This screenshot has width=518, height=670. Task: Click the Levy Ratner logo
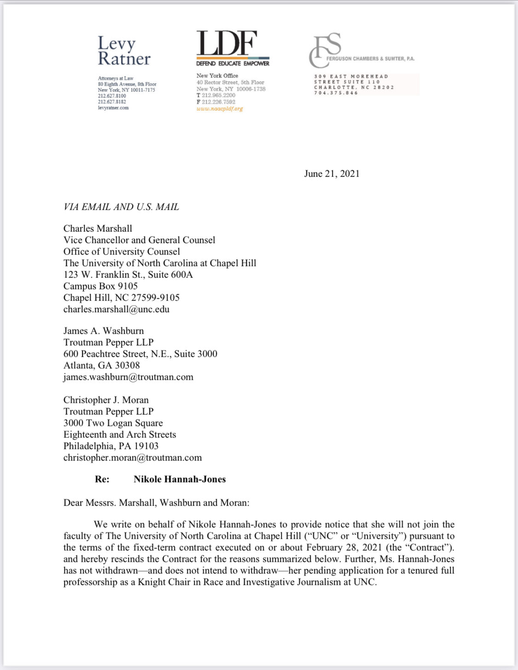[124, 51]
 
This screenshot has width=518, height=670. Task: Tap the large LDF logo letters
[227, 44]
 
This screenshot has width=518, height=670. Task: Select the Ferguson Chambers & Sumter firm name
[370, 59]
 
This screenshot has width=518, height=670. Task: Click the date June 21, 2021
[332, 174]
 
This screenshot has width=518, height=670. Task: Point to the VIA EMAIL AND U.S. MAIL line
[121, 207]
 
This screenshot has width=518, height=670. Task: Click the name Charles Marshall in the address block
[98, 229]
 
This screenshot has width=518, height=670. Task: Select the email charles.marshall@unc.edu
[116, 309]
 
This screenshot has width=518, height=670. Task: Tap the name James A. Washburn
[104, 331]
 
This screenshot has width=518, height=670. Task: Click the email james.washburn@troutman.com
[128, 377]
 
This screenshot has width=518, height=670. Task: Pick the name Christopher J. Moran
[106, 400]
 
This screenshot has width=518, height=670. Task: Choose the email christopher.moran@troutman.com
[133, 458]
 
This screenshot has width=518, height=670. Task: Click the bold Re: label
[102, 479]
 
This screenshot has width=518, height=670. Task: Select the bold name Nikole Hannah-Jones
[180, 479]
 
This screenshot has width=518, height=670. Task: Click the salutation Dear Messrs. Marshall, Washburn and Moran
[156, 503]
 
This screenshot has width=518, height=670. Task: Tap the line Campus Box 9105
[100, 286]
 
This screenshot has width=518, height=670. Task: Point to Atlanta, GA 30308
[101, 365]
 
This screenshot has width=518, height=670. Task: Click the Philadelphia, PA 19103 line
[111, 446]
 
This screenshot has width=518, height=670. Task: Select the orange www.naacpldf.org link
[220, 109]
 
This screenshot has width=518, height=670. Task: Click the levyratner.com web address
[113, 108]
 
